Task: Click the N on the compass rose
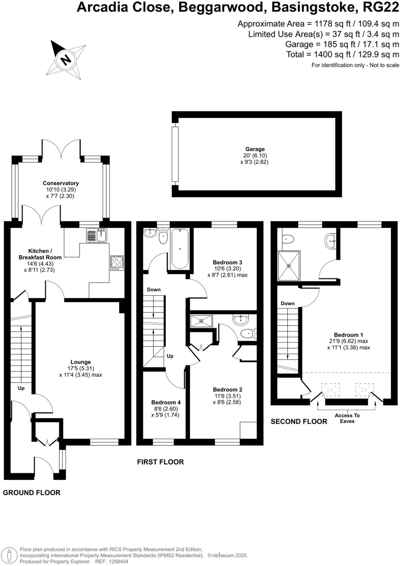[66, 59]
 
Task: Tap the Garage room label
[255, 149]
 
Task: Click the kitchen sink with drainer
[96, 235]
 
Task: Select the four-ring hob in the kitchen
[117, 263]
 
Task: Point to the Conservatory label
[60, 183]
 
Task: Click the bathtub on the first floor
[180, 248]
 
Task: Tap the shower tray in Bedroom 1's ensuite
[289, 266]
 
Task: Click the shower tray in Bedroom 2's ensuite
[201, 321]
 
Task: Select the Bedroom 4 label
[166, 402]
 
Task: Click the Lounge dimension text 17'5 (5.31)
[81, 368]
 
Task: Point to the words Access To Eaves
[347, 418]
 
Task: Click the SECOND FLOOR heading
[299, 421]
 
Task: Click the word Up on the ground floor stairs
[21, 388]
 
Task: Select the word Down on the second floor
[288, 303]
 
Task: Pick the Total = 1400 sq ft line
[343, 54]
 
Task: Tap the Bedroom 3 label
[227, 262]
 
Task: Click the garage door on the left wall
[175, 154]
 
